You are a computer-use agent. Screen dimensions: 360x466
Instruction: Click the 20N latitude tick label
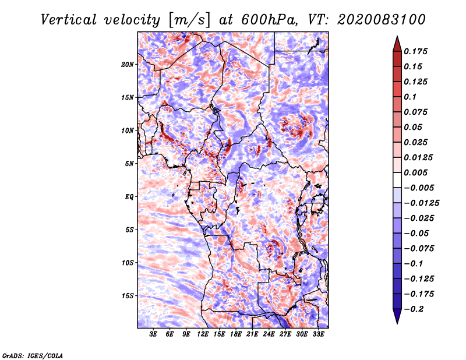[128, 64]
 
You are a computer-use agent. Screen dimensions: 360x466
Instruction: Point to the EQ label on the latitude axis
[129, 197]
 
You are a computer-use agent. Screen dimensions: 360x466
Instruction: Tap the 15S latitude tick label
[128, 296]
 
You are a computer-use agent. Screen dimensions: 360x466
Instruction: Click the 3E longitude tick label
[154, 334]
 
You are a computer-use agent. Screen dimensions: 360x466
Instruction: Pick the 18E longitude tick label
[236, 334]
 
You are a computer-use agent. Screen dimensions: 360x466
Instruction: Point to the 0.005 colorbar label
[416, 172]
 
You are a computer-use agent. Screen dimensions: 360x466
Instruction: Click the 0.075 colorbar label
[416, 112]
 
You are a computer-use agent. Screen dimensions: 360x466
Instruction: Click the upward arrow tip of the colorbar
[397, 38]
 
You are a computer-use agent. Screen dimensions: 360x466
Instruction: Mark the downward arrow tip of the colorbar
[397, 322]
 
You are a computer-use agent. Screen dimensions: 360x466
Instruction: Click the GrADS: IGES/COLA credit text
[33, 355]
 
